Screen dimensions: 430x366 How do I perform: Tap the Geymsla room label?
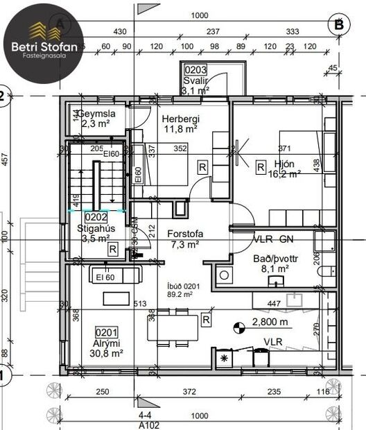[96, 114]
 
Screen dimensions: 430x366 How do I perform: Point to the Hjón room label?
[285, 164]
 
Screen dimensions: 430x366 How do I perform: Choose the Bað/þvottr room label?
[276, 258]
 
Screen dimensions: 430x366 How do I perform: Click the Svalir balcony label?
[196, 80]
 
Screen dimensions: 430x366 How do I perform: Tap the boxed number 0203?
[196, 71]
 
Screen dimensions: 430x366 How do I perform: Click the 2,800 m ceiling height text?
[270, 322]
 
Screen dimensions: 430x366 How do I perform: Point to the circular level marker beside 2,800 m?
[239, 324]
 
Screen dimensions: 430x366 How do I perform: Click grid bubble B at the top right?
[339, 24]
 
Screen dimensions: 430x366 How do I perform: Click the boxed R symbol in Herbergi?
[202, 166]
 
